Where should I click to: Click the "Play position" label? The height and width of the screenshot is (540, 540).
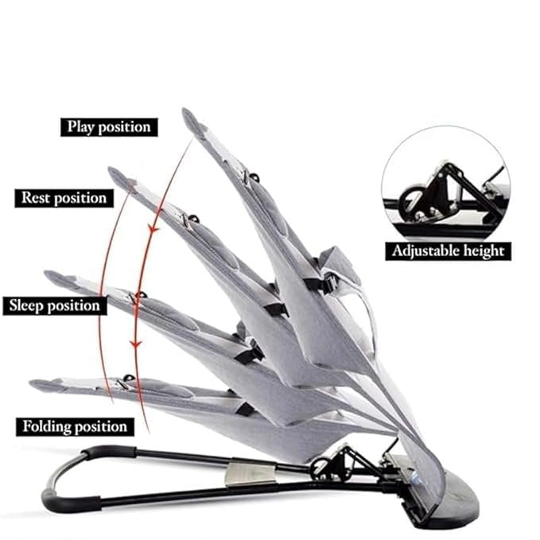coord(108,126)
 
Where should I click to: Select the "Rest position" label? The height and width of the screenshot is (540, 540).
coord(64,197)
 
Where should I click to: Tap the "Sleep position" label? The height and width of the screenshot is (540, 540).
coord(54,305)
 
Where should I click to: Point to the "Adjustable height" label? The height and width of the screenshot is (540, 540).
coord(448,251)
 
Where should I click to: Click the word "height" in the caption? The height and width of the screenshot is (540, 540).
coord(483,251)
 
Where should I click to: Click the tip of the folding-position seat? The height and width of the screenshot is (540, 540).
coord(37,385)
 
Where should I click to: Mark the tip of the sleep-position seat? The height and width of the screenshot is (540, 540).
coord(50,276)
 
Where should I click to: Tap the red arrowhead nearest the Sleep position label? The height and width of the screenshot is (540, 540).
coord(137,343)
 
